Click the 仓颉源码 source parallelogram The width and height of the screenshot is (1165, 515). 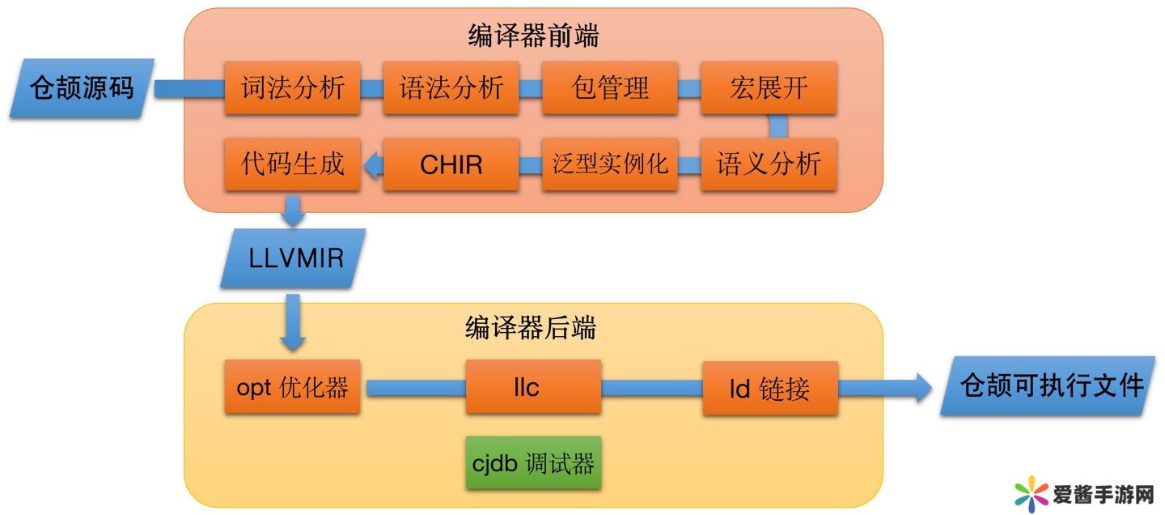pyautogui.click(x=82, y=88)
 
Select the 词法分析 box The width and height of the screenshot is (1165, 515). pyautogui.click(x=293, y=87)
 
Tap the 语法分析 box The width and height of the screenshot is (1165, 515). pyautogui.click(x=451, y=87)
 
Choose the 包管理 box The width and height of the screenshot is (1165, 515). pyautogui.click(x=610, y=87)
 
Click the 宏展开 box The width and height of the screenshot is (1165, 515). pyautogui.click(x=769, y=87)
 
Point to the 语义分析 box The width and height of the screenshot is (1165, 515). pyautogui.click(x=769, y=164)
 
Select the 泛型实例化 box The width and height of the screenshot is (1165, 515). pyautogui.click(x=610, y=164)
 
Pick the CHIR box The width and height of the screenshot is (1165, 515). pyautogui.click(x=451, y=164)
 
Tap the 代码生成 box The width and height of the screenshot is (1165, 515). pyautogui.click(x=293, y=164)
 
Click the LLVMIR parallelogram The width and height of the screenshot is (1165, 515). pyautogui.click(x=293, y=258)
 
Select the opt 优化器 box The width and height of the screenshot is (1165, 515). pyautogui.click(x=293, y=387)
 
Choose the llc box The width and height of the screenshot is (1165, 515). pyautogui.click(x=533, y=387)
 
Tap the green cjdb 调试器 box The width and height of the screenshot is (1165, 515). pyautogui.click(x=533, y=463)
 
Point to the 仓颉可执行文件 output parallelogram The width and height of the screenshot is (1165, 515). pyautogui.click(x=1052, y=386)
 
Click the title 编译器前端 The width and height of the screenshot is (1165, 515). pyautogui.click(x=533, y=36)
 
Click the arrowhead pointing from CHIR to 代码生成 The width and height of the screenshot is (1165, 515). pyautogui.click(x=372, y=165)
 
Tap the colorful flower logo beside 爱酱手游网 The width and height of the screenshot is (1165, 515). pyautogui.click(x=1031, y=493)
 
